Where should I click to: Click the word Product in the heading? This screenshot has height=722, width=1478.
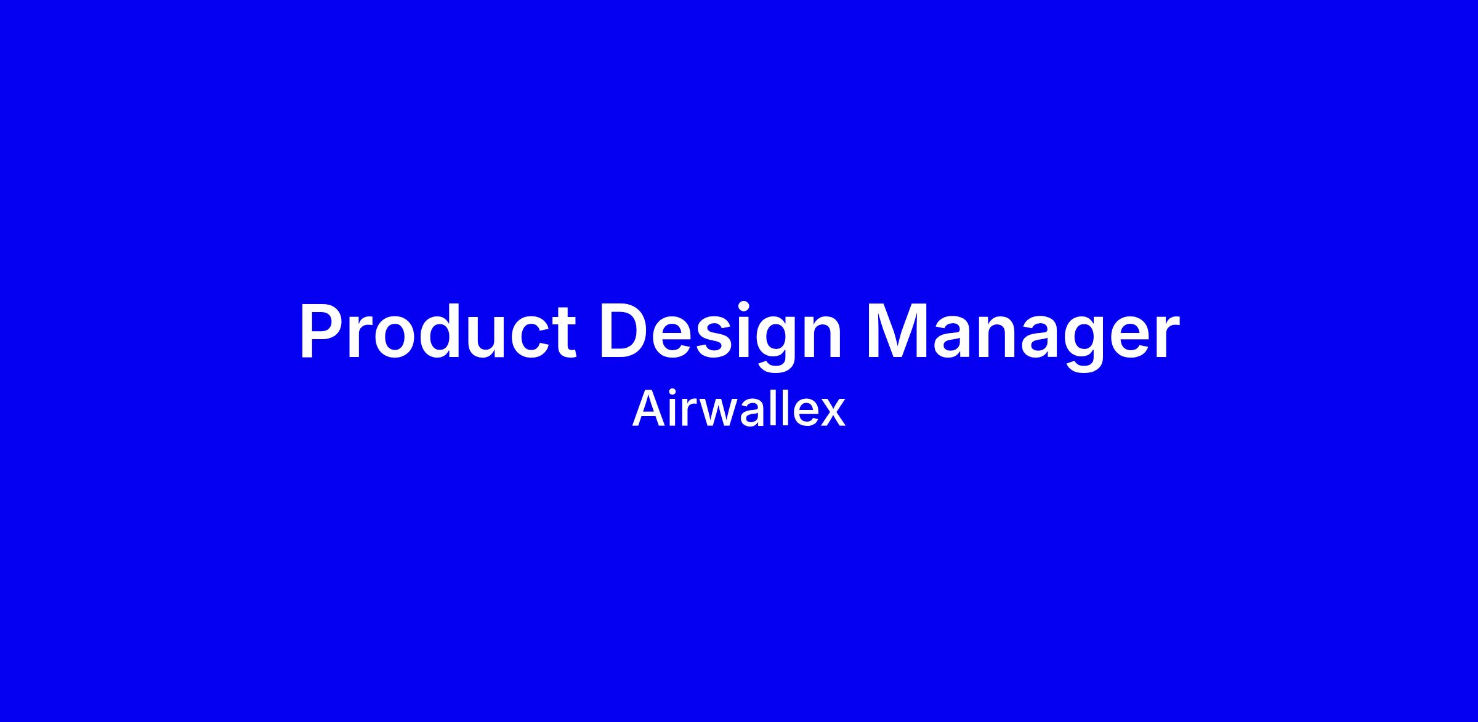(438, 331)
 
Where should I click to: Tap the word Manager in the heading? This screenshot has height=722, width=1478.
(1022, 335)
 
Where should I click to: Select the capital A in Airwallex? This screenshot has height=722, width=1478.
(649, 409)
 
